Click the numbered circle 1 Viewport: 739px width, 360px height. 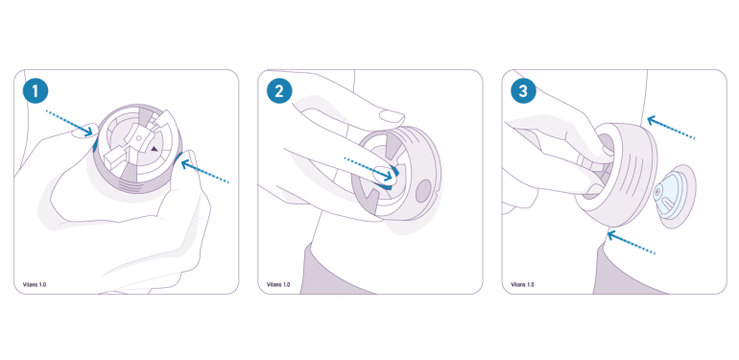pyautogui.click(x=36, y=91)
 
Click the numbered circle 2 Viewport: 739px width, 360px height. pyautogui.click(x=279, y=91)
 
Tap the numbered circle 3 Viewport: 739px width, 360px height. pyautogui.click(x=524, y=91)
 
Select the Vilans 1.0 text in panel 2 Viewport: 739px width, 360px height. pyautogui.click(x=278, y=284)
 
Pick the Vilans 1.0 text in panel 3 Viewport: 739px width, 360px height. pyautogui.click(x=522, y=284)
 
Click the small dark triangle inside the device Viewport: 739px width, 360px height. pyautogui.click(x=155, y=149)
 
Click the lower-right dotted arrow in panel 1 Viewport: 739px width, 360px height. pyautogui.click(x=205, y=172)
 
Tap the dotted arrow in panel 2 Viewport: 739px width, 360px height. pyautogui.click(x=369, y=169)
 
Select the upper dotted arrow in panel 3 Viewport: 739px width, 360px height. pyautogui.click(x=671, y=128)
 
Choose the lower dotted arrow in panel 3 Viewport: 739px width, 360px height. pyautogui.click(x=632, y=242)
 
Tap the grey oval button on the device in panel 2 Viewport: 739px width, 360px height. pyautogui.click(x=423, y=191)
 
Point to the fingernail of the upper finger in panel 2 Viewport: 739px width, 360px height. pyautogui.click(x=393, y=116)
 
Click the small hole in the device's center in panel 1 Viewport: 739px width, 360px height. pyautogui.click(x=138, y=138)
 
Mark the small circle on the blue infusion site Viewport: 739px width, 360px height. pyautogui.click(x=657, y=193)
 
